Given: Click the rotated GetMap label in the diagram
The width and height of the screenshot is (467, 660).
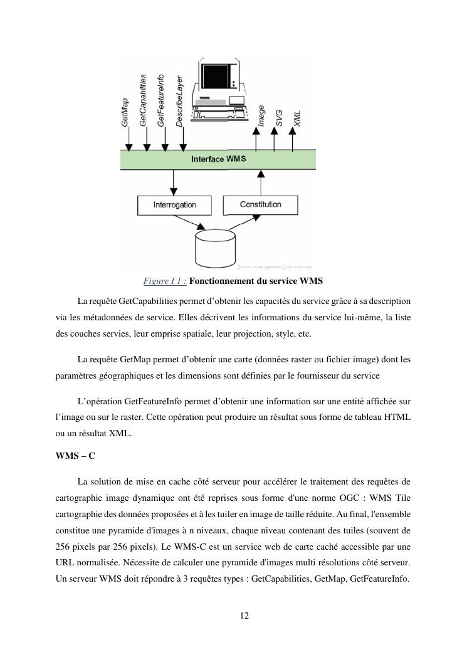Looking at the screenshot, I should (125, 113).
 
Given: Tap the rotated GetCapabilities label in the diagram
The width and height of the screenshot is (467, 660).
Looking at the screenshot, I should (144, 100).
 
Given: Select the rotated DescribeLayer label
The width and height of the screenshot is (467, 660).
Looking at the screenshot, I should (180, 101).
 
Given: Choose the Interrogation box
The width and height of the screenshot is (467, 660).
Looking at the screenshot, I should (174, 204).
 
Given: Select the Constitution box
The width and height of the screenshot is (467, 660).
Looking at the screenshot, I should (261, 204).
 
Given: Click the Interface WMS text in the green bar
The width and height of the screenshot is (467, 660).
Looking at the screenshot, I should (218, 159).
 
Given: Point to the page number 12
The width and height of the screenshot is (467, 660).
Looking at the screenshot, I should (244, 615).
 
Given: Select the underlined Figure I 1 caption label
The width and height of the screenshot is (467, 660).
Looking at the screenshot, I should (165, 281).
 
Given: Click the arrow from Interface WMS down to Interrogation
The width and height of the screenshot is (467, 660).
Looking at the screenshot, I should (174, 182).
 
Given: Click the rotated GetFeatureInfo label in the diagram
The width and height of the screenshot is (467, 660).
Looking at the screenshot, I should (162, 100).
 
